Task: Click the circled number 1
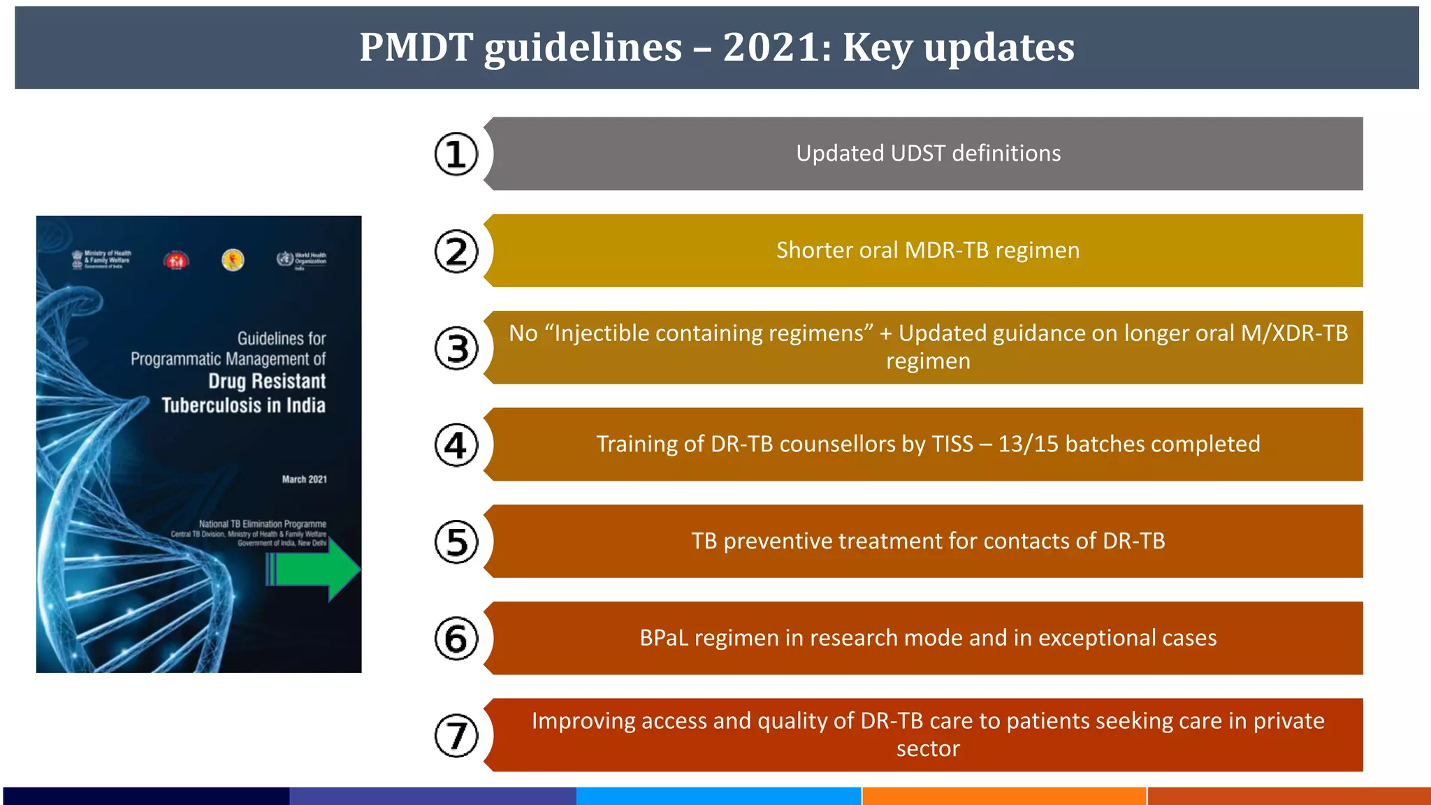tap(456, 154)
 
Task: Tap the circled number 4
tap(456, 445)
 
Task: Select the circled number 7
tap(456, 735)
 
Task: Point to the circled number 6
tap(456, 639)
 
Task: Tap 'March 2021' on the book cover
tap(304, 479)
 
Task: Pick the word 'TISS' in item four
tap(952, 444)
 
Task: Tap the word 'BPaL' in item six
tap(664, 638)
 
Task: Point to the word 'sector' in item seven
tap(928, 749)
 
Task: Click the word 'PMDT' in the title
tap(416, 48)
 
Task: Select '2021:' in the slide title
tap(778, 48)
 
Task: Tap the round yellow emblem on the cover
tap(233, 260)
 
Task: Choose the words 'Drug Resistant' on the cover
tap(267, 382)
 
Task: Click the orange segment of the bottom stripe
tap(1004, 796)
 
